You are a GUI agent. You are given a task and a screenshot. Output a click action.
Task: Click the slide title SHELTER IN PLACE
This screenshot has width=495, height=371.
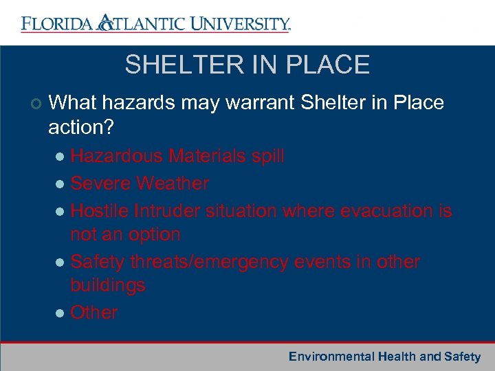point(247,65)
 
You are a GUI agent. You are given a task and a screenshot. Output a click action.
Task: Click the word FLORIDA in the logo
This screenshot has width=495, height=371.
point(56,24)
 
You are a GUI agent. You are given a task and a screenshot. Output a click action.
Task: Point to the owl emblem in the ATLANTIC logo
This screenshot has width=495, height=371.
point(104,23)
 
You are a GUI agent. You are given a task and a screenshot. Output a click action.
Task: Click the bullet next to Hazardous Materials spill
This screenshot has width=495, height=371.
point(60,157)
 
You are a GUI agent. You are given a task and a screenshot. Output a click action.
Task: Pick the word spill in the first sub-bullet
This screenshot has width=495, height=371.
point(267,157)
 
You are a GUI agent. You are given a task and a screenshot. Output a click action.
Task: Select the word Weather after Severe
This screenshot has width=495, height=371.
point(173,183)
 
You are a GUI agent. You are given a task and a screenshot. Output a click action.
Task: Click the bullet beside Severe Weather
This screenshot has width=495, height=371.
point(60,184)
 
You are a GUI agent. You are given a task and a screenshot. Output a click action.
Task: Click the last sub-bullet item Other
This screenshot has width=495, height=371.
point(94,313)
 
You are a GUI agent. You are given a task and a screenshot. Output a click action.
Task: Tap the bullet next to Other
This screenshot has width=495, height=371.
point(60,313)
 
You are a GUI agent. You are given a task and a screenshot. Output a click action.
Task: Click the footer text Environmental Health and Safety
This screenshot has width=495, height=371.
point(384,357)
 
